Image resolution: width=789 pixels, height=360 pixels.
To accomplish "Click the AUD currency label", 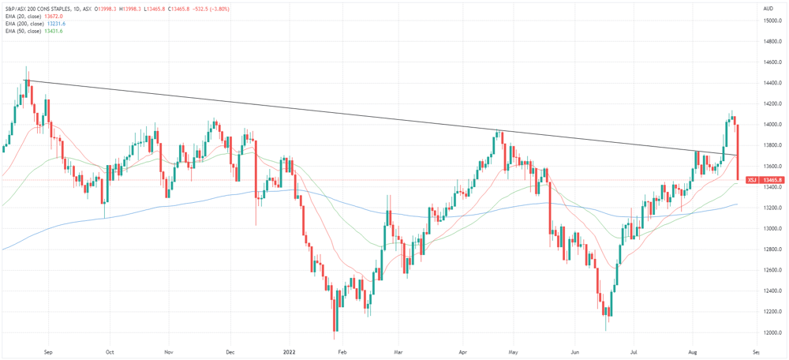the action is click(x=768, y=9).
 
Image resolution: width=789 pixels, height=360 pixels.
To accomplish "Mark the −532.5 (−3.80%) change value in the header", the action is click(x=211, y=9).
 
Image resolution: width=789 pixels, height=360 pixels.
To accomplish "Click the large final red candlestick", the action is click(x=737, y=152).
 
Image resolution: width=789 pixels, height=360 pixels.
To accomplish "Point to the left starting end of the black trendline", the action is click(x=24, y=81).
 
